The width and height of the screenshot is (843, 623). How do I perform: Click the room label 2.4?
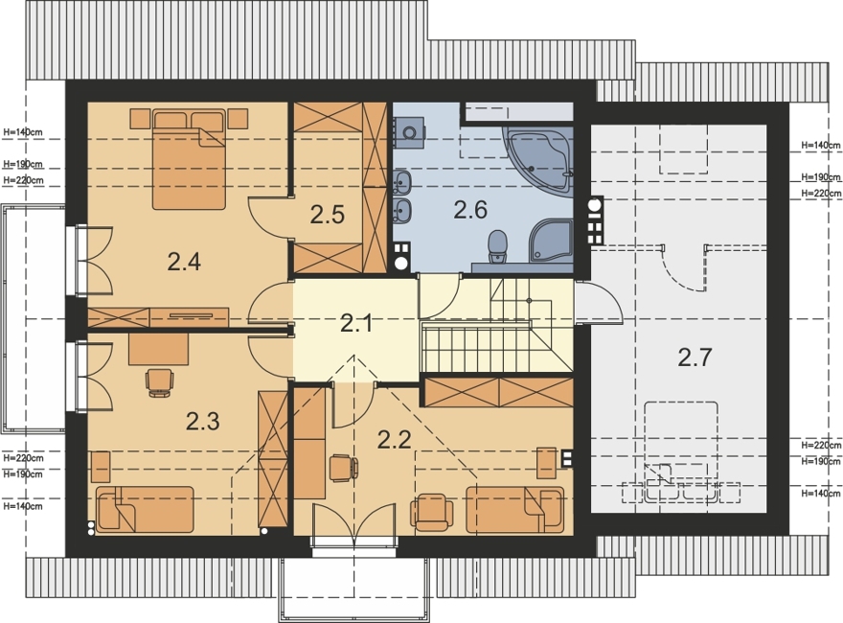(184, 262)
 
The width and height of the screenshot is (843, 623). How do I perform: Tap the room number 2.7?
(695, 358)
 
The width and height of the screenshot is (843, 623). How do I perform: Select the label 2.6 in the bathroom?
(470, 209)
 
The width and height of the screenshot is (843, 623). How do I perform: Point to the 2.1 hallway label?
(356, 324)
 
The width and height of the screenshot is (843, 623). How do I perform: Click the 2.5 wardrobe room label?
(327, 216)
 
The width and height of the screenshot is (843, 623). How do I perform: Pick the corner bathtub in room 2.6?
(538, 156)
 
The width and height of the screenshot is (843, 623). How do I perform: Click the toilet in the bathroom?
(498, 247)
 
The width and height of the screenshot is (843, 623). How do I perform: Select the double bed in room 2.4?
(189, 159)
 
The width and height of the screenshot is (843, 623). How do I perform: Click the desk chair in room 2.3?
(160, 382)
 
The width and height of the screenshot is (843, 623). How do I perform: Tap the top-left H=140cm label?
(23, 130)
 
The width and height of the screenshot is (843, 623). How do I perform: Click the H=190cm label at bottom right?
(821, 462)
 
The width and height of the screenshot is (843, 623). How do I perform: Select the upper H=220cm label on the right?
(821, 194)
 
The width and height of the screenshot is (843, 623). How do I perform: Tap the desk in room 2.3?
(159, 349)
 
